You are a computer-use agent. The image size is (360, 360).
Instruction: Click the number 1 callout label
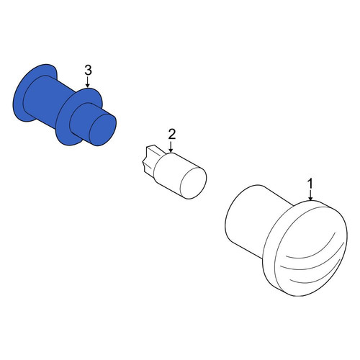coord(310,184)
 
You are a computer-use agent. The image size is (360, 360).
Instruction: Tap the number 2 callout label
coord(172,135)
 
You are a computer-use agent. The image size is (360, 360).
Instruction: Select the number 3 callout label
coord(88,71)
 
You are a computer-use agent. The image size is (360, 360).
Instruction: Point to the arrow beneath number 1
coord(310,196)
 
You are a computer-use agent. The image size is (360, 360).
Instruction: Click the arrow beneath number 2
coord(171,147)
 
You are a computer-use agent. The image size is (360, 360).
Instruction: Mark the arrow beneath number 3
coord(88,82)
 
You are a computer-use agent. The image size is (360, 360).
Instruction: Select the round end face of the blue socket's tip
coord(103,130)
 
